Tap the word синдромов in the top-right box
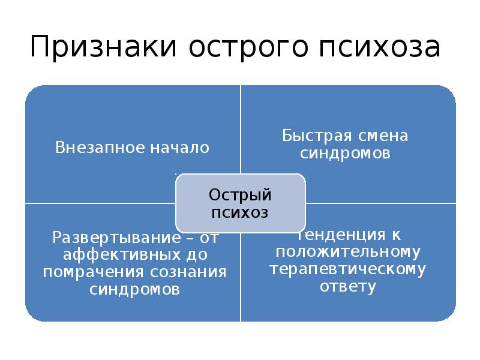(x=346, y=154)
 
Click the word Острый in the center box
(x=240, y=195)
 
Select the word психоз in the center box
(x=240, y=212)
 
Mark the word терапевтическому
(x=347, y=268)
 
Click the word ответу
(x=347, y=286)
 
